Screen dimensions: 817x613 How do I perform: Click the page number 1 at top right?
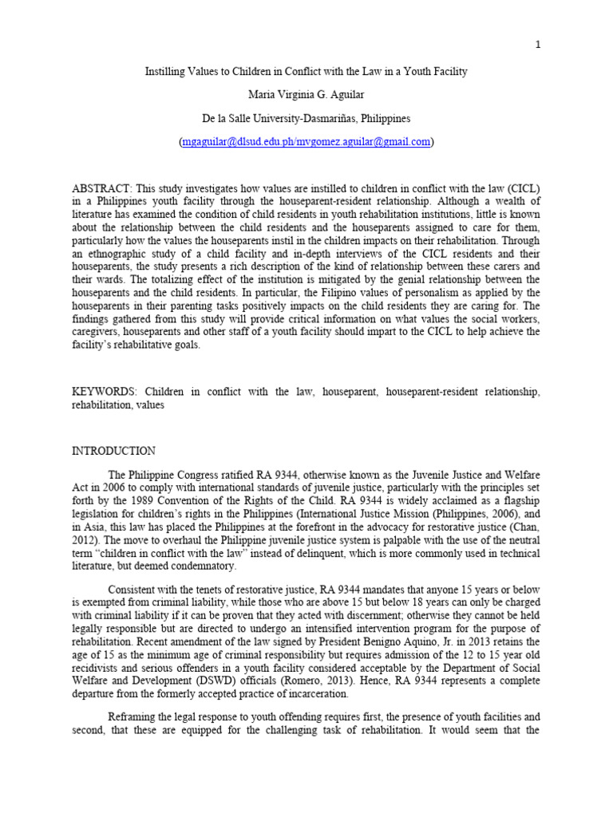[539, 45]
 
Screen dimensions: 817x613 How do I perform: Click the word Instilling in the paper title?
[165, 72]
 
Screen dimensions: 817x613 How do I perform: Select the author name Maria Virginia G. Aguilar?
[306, 95]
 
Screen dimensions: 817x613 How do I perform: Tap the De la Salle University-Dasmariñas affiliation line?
[306, 118]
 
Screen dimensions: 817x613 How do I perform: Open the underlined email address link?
[306, 141]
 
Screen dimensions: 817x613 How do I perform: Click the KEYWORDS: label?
[102, 392]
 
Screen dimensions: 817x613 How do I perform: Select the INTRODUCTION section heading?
[114, 451]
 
